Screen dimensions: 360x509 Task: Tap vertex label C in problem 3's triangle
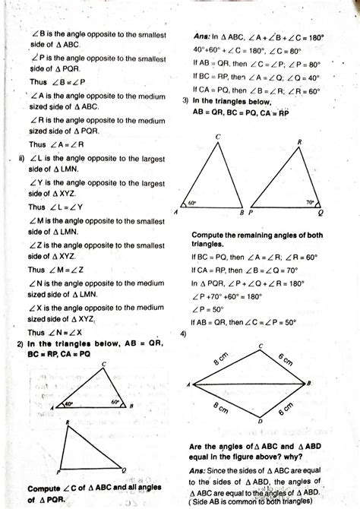pos(218,137)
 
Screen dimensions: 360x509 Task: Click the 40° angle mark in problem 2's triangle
pos(68,405)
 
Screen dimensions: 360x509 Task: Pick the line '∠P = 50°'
pos(208,309)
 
